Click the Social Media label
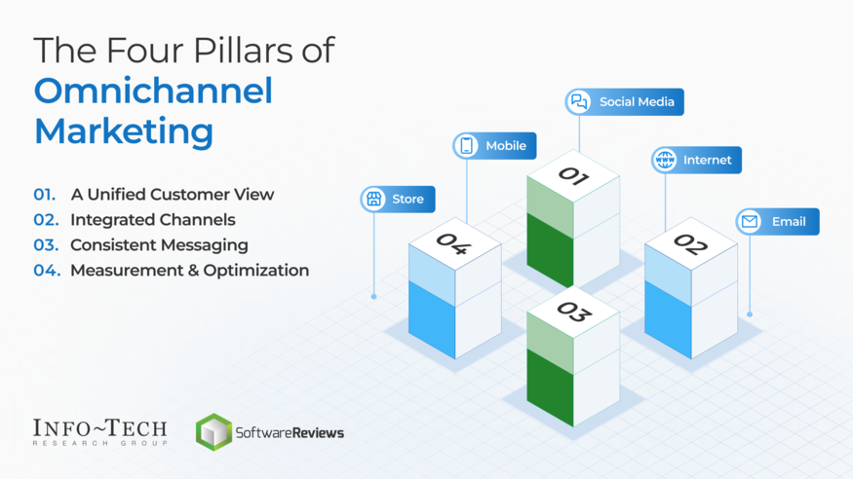click(637, 102)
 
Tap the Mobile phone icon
click(467, 146)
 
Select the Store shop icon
click(374, 200)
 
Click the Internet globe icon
click(665, 160)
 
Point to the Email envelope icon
click(750, 222)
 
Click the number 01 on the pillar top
click(573, 176)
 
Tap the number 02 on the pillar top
click(690, 244)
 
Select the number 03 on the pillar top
click(573, 312)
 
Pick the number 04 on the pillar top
click(453, 243)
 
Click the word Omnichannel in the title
click(153, 91)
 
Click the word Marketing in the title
click(124, 130)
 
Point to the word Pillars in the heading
click(237, 51)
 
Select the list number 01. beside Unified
click(45, 195)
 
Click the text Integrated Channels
click(152, 220)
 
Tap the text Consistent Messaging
click(159, 245)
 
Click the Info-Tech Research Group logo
click(100, 431)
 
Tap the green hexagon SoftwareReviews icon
click(213, 431)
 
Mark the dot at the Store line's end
click(374, 296)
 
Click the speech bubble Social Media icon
click(579, 101)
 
